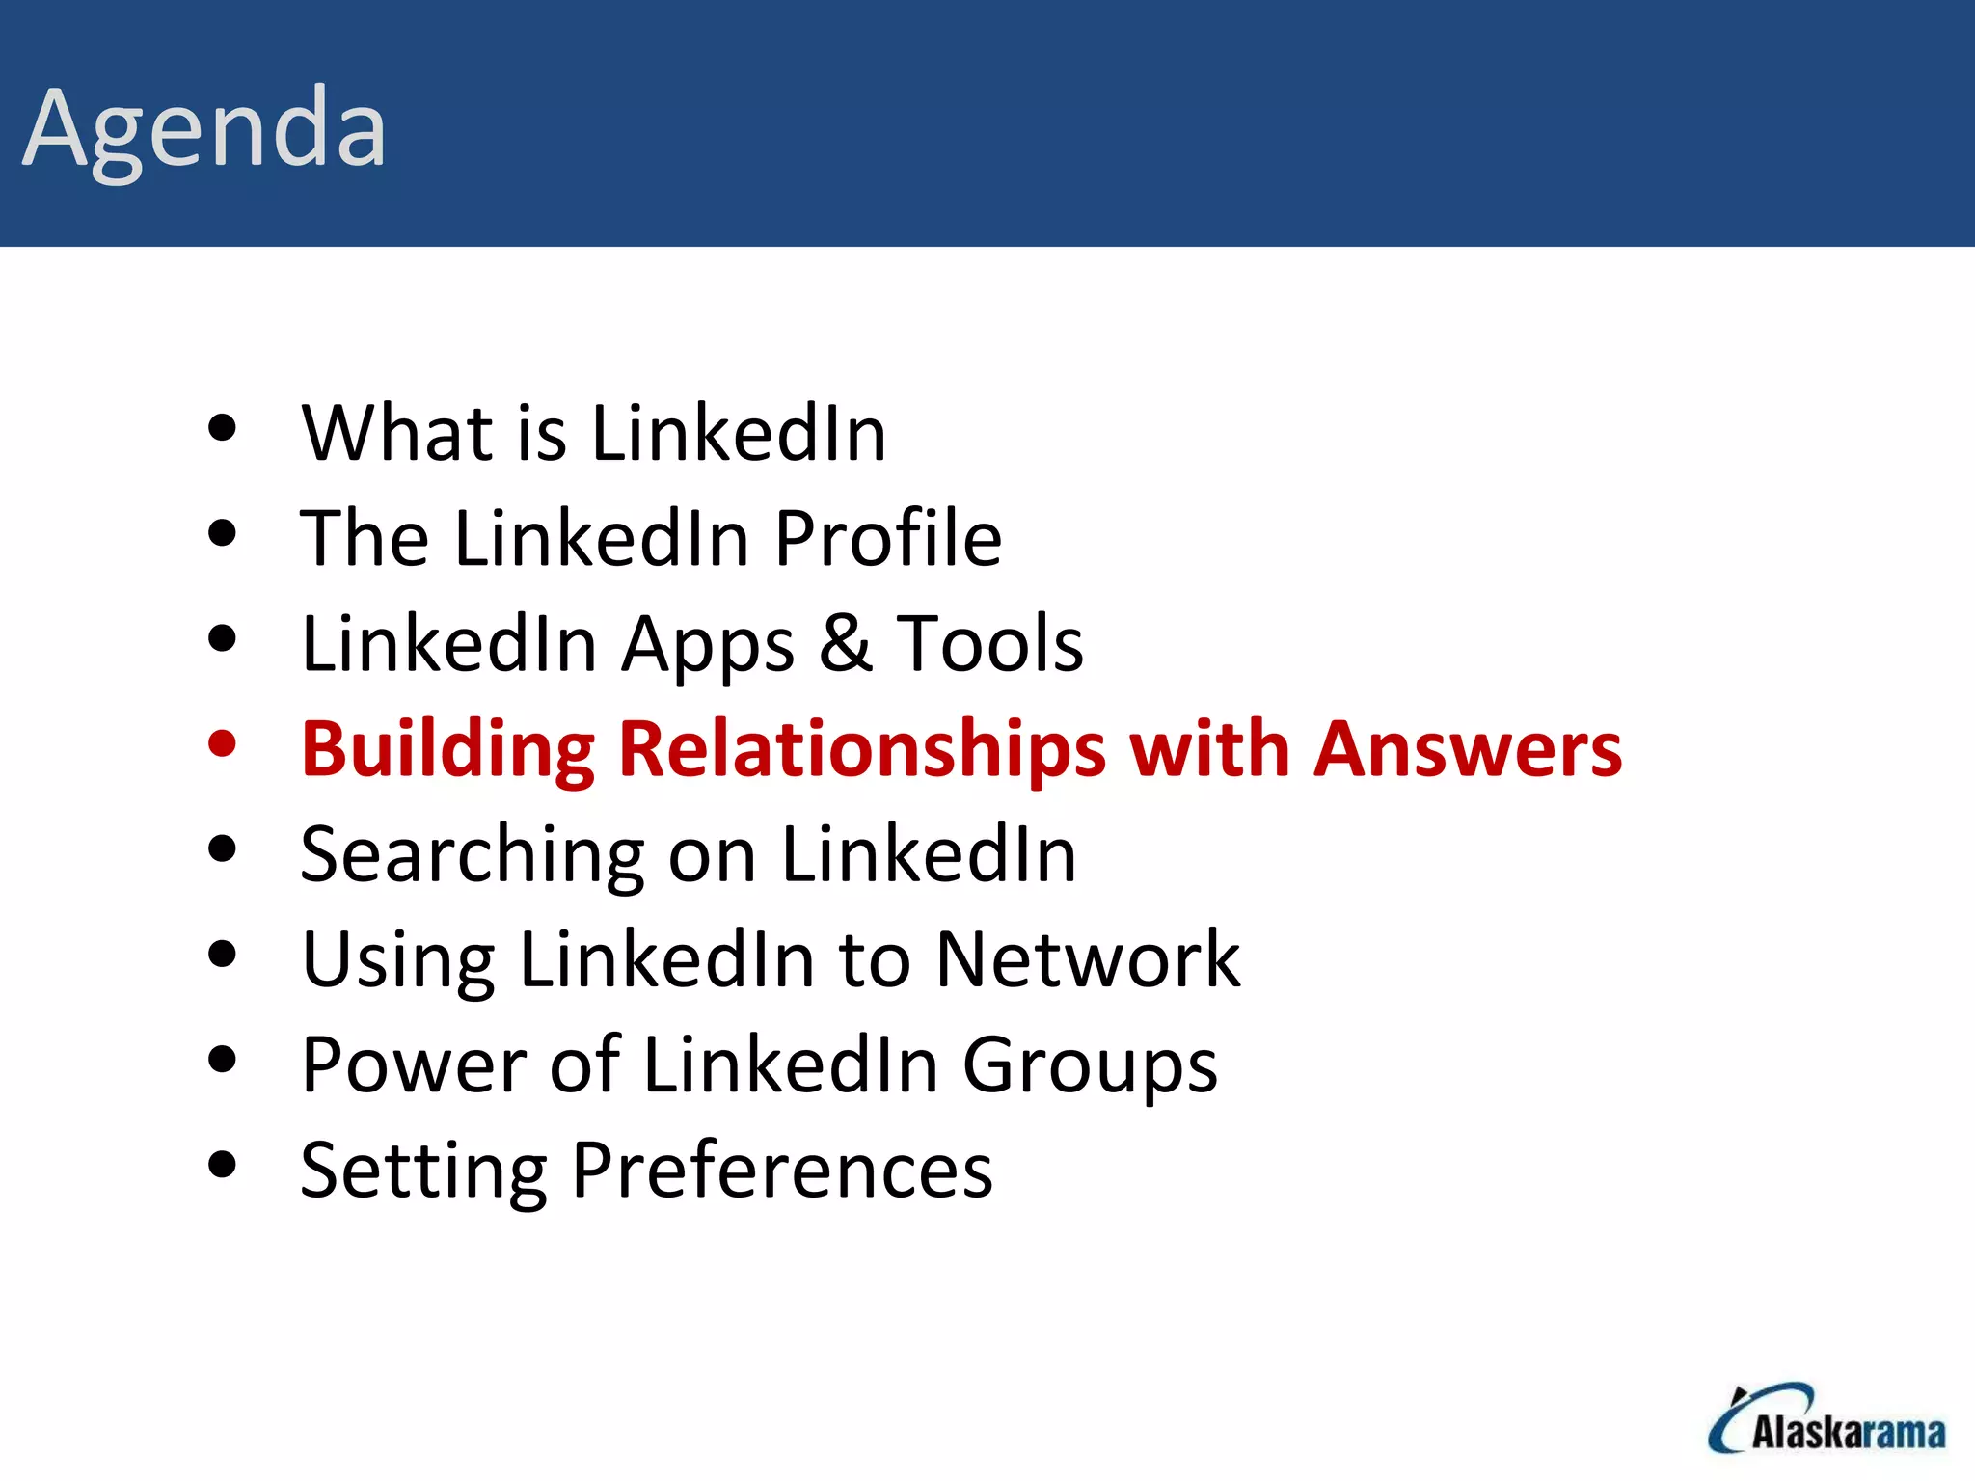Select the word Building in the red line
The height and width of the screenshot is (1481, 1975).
coord(448,750)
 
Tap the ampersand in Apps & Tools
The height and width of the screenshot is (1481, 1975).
coord(846,643)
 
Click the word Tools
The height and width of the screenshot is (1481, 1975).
coord(989,643)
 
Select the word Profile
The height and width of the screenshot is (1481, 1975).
coord(887,538)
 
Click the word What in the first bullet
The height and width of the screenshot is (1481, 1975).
coord(398,433)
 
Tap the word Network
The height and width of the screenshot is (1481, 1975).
coord(1088,959)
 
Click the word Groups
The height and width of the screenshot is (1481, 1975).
coord(1090,1066)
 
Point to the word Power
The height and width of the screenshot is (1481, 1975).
coord(414,1064)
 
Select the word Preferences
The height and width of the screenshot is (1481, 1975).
coord(781,1171)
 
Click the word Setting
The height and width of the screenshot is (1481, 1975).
coord(423,1171)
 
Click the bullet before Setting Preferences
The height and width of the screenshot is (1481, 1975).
coord(222,1164)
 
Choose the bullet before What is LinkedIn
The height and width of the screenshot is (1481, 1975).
coord(222,427)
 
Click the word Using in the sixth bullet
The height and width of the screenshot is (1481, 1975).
coord(398,961)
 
